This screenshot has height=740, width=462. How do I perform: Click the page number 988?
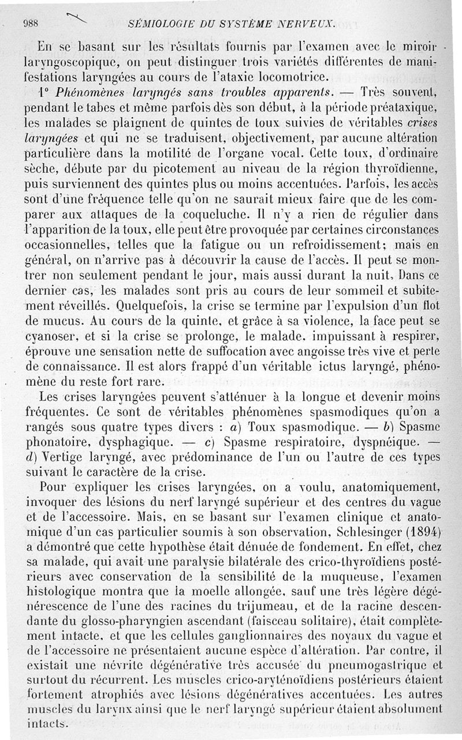pos(29,24)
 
